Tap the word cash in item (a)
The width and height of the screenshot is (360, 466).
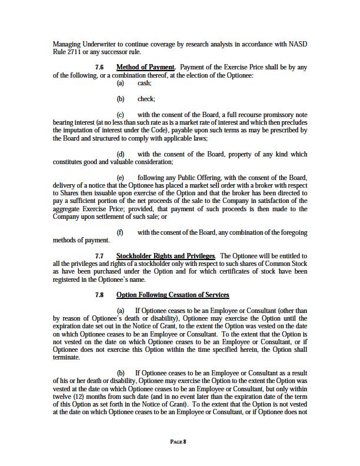point(144,84)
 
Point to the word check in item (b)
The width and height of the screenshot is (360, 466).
point(146,99)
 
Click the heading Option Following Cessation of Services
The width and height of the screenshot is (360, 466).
point(172,295)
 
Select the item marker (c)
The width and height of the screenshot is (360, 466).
point(121,115)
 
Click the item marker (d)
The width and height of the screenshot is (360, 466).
point(121,154)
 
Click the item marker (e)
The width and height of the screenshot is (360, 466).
point(121,178)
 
